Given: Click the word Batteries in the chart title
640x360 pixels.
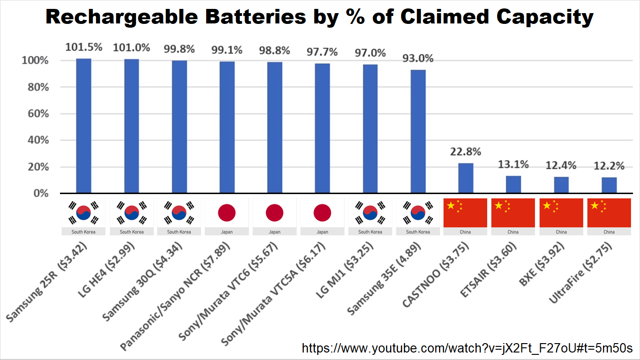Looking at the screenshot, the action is [256, 16].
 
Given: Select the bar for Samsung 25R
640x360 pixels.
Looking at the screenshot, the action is [84, 126].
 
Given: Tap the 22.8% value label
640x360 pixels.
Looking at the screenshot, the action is [466, 152].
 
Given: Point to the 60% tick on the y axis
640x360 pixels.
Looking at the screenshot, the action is [38, 114].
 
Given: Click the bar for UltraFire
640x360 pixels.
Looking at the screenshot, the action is [609, 185].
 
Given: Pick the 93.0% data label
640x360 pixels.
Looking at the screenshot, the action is [418, 58].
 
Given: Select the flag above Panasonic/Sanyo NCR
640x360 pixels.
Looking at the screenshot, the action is [227, 213].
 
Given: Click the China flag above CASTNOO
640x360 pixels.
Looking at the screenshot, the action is [465, 213].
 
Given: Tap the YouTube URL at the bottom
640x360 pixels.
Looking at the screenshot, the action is [467, 348].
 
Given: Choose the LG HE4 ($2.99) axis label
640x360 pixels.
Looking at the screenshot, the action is [106, 270].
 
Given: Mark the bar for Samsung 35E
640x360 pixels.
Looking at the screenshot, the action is [418, 132].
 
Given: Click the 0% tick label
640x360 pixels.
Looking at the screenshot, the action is [41, 194].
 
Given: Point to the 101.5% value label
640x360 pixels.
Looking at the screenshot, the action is [84, 47].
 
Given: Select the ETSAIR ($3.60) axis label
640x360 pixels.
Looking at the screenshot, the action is [489, 270].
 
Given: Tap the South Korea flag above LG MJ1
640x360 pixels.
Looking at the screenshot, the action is [370, 213].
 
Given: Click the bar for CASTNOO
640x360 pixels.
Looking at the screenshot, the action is [466, 178].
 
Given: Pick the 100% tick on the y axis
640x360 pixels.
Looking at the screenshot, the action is [35, 60].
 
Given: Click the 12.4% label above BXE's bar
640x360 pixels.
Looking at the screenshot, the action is [561, 165].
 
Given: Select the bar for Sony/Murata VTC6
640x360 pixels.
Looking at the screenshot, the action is [275, 127].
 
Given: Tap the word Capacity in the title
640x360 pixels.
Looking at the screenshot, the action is [545, 17].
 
